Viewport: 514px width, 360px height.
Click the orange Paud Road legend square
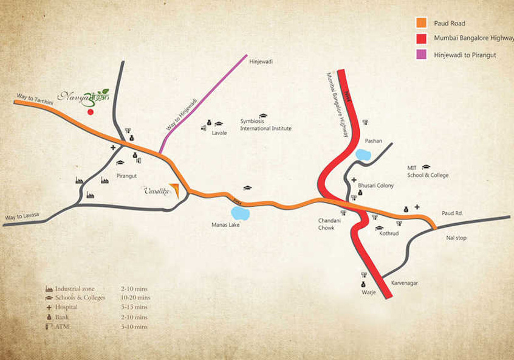421,23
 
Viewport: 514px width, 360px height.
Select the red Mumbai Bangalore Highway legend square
421,39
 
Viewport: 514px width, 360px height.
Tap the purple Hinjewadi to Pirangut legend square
421,55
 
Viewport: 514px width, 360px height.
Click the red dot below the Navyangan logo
91,112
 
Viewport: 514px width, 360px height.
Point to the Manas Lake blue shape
240,213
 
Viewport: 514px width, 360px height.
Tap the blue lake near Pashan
363,155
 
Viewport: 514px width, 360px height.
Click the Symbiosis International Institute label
266,125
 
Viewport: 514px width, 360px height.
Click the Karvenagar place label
405,283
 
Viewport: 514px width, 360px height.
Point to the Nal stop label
456,238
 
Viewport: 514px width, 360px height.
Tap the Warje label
369,292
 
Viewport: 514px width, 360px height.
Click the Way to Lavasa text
22,217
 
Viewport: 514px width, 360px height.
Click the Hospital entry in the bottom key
66,307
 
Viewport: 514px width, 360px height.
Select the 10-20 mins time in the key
135,297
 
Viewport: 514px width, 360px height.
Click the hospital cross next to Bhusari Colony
354,180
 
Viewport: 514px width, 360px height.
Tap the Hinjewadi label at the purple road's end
262,61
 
